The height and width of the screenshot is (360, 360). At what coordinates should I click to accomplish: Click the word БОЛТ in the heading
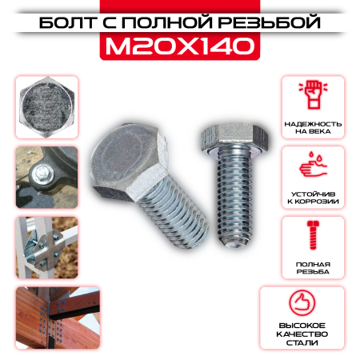tap(68, 22)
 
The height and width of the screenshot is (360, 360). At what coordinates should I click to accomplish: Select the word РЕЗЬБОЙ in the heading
tap(270, 22)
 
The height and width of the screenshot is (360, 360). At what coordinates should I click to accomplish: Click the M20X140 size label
tap(180, 46)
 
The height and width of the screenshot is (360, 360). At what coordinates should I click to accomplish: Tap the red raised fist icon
tap(314, 94)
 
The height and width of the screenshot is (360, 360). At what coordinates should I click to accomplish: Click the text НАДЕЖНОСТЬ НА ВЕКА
tap(313, 128)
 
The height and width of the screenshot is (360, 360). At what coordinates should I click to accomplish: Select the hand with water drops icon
tap(313, 165)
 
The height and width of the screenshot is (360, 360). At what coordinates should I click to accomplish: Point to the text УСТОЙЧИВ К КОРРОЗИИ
tap(313, 198)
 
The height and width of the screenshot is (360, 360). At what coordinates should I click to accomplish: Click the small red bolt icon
tap(313, 235)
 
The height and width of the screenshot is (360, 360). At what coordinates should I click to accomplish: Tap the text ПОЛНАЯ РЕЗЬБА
tap(313, 268)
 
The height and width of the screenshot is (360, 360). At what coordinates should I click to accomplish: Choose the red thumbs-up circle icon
tap(302, 303)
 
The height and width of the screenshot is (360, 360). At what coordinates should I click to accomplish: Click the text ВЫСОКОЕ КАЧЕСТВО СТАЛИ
tap(302, 334)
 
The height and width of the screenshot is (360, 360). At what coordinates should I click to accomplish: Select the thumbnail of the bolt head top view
tap(46, 107)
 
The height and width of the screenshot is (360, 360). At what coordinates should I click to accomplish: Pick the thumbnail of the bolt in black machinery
tap(46, 178)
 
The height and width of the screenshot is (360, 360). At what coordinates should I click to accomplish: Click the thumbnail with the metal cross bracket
tap(46, 248)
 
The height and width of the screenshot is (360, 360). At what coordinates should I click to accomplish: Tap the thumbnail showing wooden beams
tap(58, 318)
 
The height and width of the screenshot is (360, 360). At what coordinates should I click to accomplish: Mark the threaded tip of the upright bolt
tap(234, 242)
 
